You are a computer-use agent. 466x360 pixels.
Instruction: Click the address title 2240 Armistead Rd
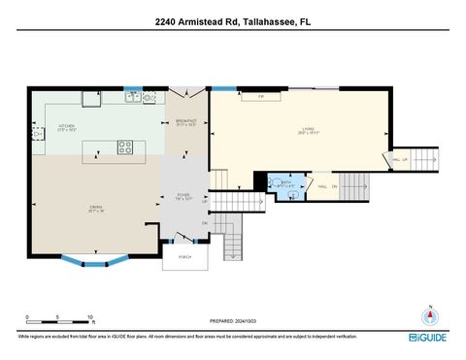232,21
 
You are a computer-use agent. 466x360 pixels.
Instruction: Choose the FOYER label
184,197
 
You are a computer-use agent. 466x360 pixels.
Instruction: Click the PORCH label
184,256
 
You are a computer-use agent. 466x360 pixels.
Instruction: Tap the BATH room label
286,182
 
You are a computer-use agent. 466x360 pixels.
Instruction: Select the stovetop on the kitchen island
125,147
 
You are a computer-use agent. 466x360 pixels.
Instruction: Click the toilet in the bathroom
292,195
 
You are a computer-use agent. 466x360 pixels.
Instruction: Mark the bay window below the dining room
94,259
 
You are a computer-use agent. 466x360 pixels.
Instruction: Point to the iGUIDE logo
427,337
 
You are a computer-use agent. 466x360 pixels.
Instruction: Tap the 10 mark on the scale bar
89,316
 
